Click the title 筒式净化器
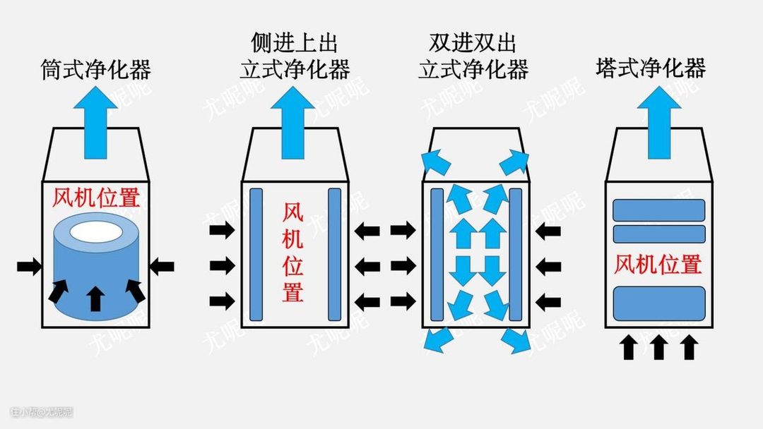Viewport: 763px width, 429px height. point(96,70)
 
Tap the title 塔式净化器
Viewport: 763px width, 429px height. point(651,68)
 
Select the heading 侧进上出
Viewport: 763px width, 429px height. point(295,43)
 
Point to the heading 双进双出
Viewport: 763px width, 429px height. point(473,43)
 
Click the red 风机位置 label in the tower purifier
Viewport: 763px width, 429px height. point(658,265)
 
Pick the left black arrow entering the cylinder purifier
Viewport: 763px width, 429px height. point(29,266)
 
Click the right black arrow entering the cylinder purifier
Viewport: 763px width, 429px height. point(162,266)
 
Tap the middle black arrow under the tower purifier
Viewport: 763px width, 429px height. point(658,347)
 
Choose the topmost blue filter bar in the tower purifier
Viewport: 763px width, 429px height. point(658,210)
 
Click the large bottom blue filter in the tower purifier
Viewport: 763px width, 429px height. point(658,303)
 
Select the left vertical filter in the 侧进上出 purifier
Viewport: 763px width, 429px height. point(256,254)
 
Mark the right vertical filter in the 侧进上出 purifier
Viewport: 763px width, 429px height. point(334,254)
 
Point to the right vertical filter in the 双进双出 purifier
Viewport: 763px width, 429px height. point(515,254)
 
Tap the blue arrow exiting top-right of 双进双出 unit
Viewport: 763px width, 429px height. point(514,163)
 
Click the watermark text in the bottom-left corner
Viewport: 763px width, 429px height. point(42,411)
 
